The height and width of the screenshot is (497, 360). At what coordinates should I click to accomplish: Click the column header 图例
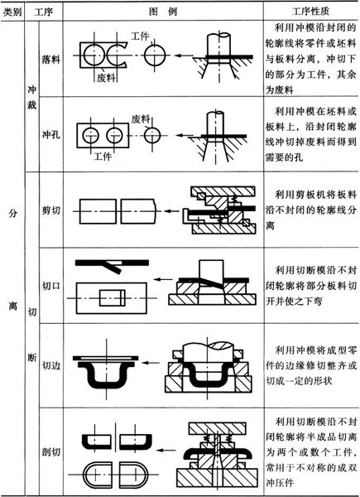pyautogui.click(x=163, y=12)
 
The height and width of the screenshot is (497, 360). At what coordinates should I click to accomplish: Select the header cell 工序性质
pyautogui.click(x=310, y=12)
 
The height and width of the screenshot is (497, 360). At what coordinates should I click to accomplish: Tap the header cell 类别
pyautogui.click(x=12, y=12)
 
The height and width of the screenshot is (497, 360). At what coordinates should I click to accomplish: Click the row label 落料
pyautogui.click(x=50, y=60)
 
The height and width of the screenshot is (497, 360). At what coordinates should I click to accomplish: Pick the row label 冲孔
pyautogui.click(x=50, y=135)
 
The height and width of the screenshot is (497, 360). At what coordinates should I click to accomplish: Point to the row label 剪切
pyautogui.click(x=50, y=210)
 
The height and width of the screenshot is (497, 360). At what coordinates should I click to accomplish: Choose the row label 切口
pyautogui.click(x=50, y=286)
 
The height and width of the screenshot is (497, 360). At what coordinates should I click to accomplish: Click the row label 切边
pyautogui.click(x=50, y=365)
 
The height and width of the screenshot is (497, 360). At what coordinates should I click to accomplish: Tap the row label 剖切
pyautogui.click(x=50, y=451)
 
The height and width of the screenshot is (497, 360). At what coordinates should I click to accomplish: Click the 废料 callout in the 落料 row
pyautogui.click(x=107, y=78)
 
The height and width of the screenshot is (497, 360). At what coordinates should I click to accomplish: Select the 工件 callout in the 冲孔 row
pyautogui.click(x=103, y=157)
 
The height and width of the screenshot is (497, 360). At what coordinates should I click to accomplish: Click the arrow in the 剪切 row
pyautogui.click(x=171, y=210)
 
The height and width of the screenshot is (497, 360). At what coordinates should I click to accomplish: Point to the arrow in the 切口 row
pyautogui.click(x=164, y=279)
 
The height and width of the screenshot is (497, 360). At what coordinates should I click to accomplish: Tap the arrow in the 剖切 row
pyautogui.click(x=166, y=450)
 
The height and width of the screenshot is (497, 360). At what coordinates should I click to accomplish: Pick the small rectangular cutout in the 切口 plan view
pyautogui.click(x=113, y=298)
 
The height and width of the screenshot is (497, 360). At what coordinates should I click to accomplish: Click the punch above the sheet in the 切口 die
pyautogui.click(x=212, y=271)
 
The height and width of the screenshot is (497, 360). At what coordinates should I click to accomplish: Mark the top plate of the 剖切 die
pyautogui.click(x=217, y=428)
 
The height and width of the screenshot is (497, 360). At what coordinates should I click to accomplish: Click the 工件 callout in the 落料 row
pyautogui.click(x=140, y=36)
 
